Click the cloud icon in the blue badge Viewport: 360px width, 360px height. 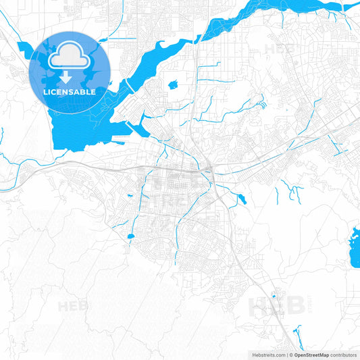[x=70, y=55]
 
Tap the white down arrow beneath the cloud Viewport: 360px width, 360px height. [x=70, y=76]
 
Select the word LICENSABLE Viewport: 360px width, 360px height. [x=70, y=91]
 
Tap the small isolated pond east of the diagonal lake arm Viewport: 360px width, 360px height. [x=173, y=85]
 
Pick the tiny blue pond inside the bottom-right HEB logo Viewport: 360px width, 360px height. [x=274, y=296]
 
